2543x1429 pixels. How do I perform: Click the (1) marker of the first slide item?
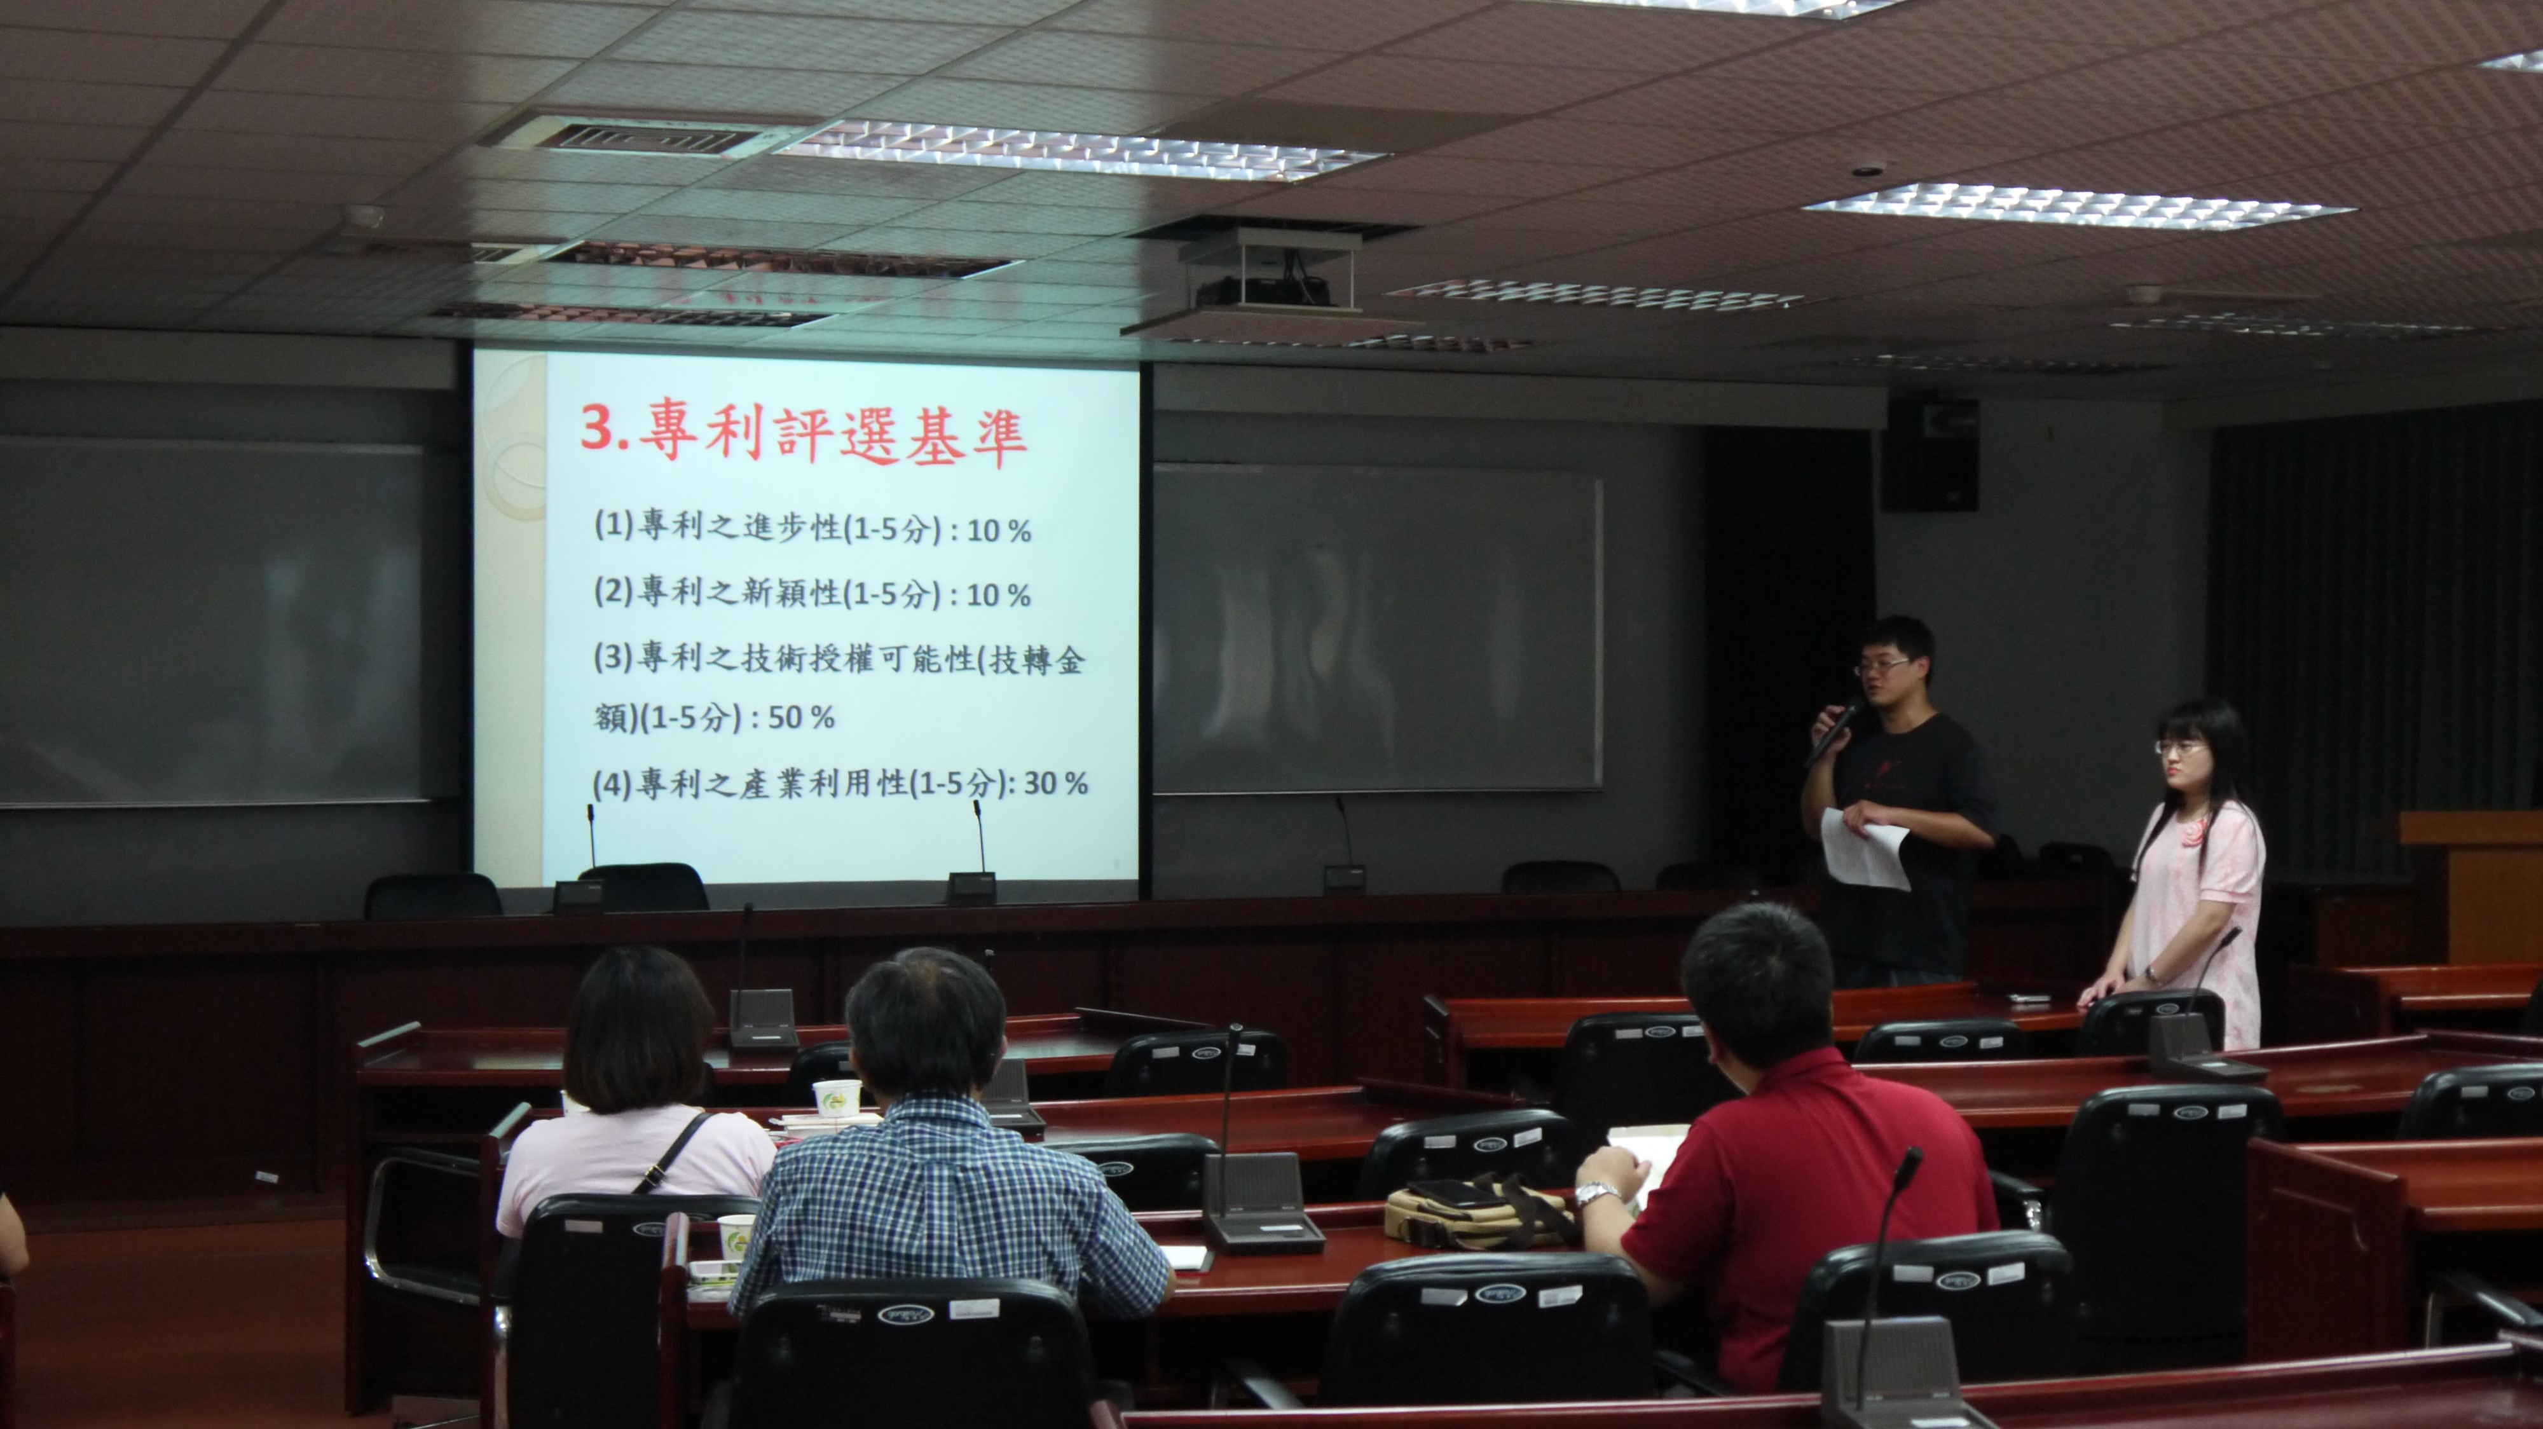(613, 525)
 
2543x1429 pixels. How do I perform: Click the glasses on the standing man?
(1884, 666)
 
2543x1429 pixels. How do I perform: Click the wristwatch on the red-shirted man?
(1591, 1195)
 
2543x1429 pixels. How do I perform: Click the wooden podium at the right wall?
(2473, 888)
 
